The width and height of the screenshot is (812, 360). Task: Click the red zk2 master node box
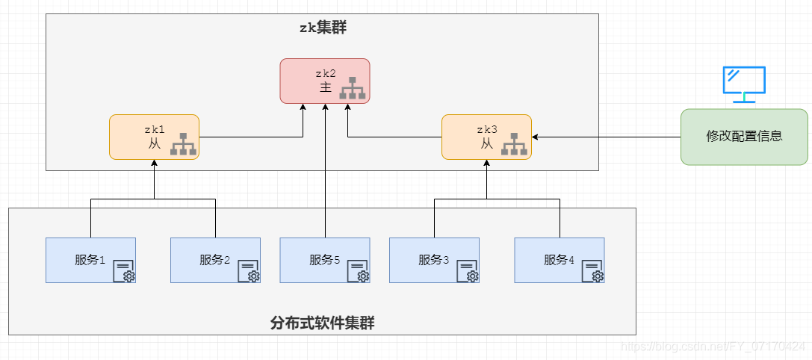[325, 81]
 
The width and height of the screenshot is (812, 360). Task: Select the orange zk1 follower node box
[154, 137]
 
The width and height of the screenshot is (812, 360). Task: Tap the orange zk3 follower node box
[486, 137]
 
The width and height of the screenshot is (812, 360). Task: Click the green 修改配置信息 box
[744, 137]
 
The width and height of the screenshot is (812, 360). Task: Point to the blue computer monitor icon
[744, 84]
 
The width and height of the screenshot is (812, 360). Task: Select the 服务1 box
[90, 260]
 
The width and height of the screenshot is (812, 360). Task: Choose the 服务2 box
[215, 260]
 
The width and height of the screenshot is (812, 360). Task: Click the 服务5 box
[325, 260]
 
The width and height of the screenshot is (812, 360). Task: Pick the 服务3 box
[434, 260]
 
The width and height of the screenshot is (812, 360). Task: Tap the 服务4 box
[560, 260]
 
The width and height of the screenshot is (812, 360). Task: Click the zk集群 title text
[323, 28]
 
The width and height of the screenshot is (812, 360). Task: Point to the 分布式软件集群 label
[322, 323]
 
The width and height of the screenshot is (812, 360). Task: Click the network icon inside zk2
[353, 88]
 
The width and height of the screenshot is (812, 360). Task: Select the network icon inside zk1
[183, 144]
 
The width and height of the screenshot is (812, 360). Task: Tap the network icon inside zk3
[515, 144]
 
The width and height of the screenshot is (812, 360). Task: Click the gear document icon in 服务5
[358, 272]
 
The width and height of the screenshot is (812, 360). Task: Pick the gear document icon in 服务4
[592, 272]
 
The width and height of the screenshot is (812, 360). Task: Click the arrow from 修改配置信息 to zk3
[607, 137]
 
